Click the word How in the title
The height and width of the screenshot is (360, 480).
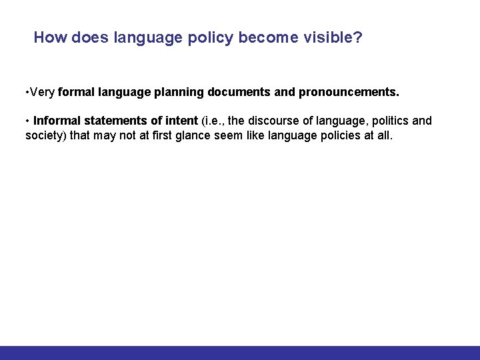pos(47,37)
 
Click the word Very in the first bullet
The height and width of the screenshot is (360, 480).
pos(42,92)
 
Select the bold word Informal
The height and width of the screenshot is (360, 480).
pos(57,121)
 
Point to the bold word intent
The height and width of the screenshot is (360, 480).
pos(183,121)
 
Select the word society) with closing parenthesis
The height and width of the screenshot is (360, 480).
pos(45,135)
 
